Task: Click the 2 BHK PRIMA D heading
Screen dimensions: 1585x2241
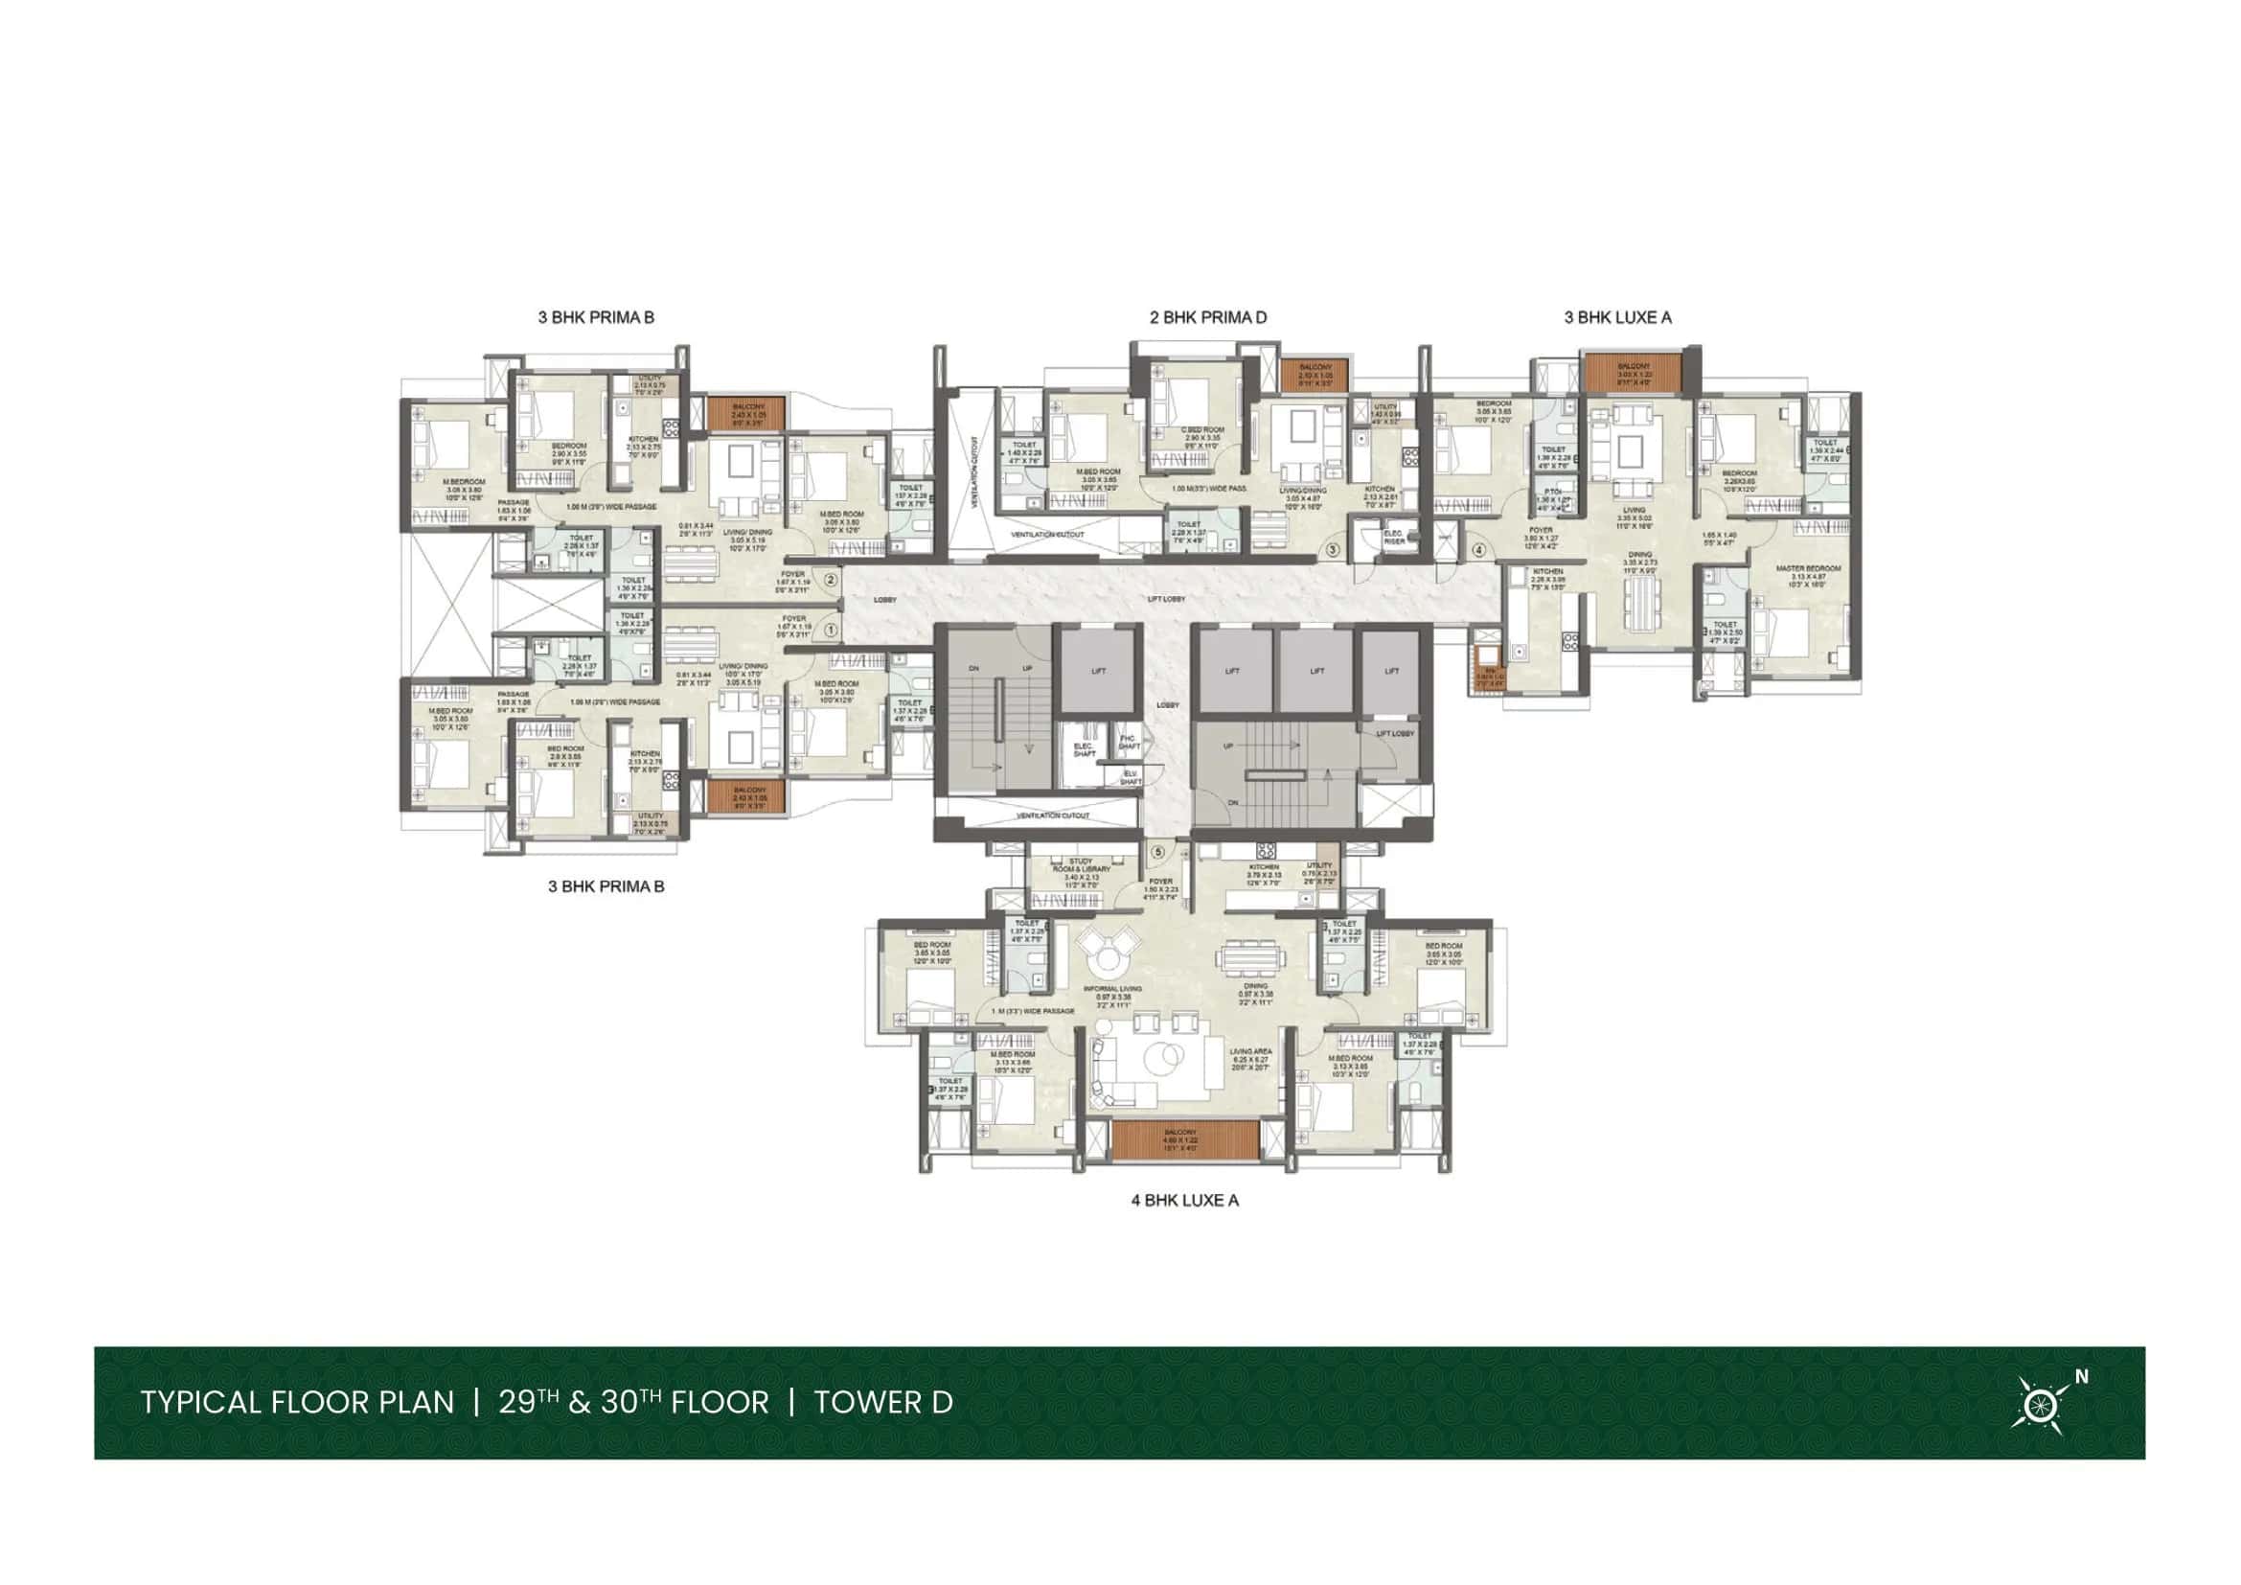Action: coord(1207,317)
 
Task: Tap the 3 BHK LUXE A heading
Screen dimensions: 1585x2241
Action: coord(1617,317)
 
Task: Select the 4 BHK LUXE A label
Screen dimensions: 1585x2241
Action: coord(1184,1201)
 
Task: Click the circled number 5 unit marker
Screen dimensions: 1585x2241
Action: coord(1158,852)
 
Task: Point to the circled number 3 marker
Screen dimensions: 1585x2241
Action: coord(1333,550)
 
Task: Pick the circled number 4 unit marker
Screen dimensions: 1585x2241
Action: coord(1478,550)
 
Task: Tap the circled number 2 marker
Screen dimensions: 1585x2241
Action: coord(831,580)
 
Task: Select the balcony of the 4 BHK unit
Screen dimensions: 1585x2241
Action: coord(1184,1139)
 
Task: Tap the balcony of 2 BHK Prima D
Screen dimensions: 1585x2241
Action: coord(1314,376)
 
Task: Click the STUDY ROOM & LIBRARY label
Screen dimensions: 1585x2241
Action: coord(1081,864)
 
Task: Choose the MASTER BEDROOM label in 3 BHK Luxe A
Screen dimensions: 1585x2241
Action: coord(1808,568)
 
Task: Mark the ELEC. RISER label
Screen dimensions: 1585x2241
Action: coord(1394,537)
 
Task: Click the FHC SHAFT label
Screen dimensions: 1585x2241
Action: coord(1130,742)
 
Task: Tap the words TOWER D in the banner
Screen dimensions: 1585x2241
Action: coord(883,1404)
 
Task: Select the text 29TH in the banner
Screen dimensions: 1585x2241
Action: coord(527,1404)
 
